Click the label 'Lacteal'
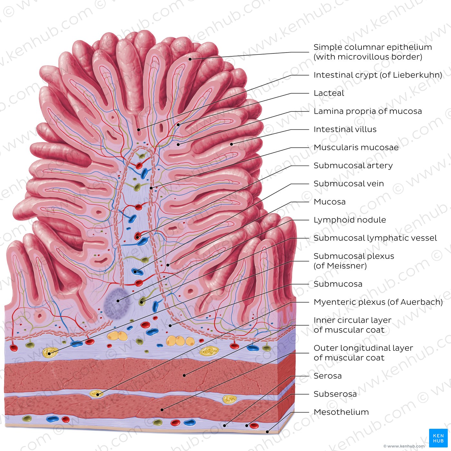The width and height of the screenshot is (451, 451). [x=329, y=93]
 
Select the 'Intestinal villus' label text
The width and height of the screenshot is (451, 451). [x=345, y=129]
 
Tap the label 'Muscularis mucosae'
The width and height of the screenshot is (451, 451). [x=356, y=148]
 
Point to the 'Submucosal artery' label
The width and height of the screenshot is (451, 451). [x=353, y=166]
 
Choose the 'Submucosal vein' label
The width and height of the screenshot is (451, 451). [x=349, y=184]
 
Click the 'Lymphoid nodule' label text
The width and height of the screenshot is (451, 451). [x=350, y=220]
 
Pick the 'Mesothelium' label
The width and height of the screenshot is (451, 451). [x=341, y=412]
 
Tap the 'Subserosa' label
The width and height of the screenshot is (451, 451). [x=335, y=394]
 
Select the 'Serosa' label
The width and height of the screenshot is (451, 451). [x=327, y=376]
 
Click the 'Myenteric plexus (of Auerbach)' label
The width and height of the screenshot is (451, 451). [x=378, y=302]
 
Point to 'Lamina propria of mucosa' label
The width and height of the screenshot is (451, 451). [x=368, y=111]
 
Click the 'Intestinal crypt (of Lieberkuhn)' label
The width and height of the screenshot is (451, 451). [x=378, y=75]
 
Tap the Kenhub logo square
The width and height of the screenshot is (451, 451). [x=438, y=438]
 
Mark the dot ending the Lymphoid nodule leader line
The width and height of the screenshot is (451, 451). [x=118, y=301]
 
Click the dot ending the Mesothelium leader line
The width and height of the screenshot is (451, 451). [x=268, y=432]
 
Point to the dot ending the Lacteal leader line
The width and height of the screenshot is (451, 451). [x=178, y=125]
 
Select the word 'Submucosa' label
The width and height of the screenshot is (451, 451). [x=338, y=284]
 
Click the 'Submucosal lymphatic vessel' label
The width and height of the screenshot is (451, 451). [x=375, y=238]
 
